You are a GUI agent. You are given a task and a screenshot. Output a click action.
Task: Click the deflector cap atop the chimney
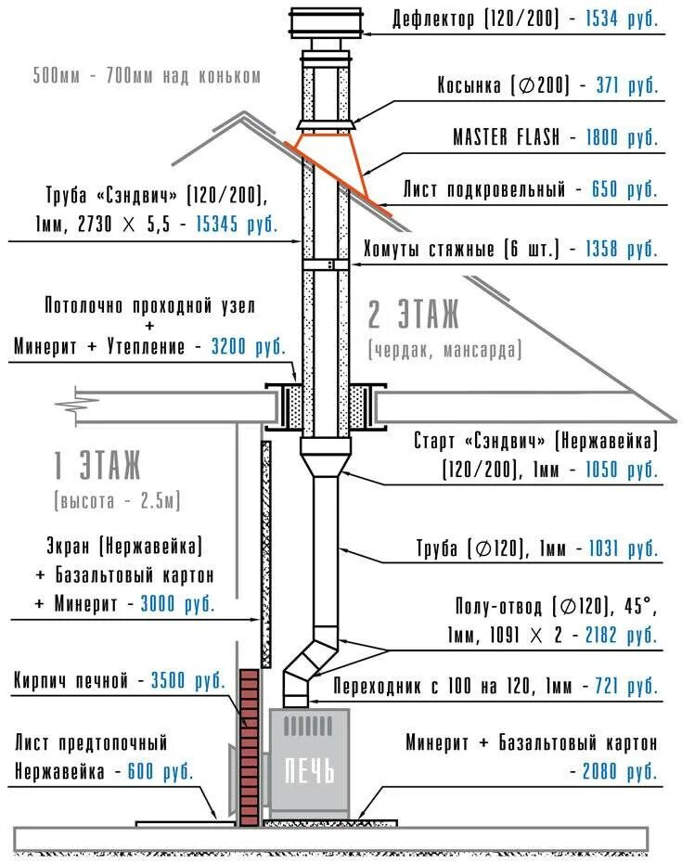(x=324, y=22)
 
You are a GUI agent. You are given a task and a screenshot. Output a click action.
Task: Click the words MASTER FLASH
(x=506, y=137)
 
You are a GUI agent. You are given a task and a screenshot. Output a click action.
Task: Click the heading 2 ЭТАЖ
(x=413, y=316)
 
